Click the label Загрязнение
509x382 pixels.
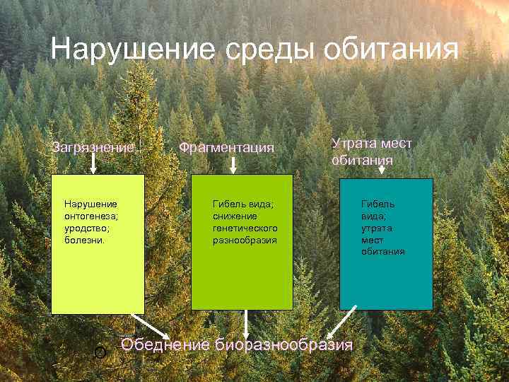point(93,148)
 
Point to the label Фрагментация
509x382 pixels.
point(226,148)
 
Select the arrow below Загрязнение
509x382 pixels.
point(93,164)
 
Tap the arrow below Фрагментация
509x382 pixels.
point(234,165)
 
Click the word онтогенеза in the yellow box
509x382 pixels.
point(91,216)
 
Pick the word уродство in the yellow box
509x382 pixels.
point(87,228)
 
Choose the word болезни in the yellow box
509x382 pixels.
point(84,240)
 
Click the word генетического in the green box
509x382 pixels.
point(245,228)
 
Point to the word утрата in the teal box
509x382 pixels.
point(376,228)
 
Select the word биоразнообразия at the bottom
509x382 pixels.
point(283,345)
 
